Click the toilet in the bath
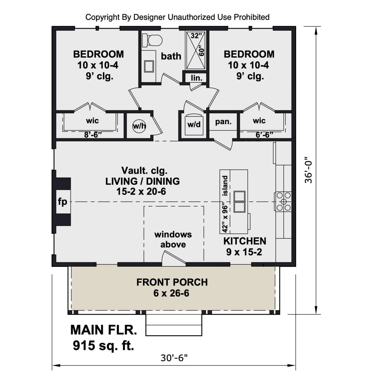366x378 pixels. (x=152, y=40)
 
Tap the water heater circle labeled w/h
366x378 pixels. (x=139, y=126)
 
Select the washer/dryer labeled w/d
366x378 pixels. (x=194, y=125)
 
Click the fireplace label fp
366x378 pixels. (x=63, y=202)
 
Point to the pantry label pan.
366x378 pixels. (x=223, y=122)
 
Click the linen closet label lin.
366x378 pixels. (x=196, y=78)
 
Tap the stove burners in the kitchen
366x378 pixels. (x=283, y=202)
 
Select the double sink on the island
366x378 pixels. (x=239, y=202)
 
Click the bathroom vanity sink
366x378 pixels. (x=149, y=67)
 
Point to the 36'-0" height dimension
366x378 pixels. (x=308, y=170)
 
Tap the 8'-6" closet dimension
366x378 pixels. (x=93, y=135)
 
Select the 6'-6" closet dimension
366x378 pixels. (x=264, y=135)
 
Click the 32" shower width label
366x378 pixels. (x=196, y=36)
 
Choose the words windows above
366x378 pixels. (x=173, y=239)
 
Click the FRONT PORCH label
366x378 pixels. (x=172, y=282)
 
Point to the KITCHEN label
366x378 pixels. (x=245, y=241)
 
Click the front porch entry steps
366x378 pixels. (x=174, y=325)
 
